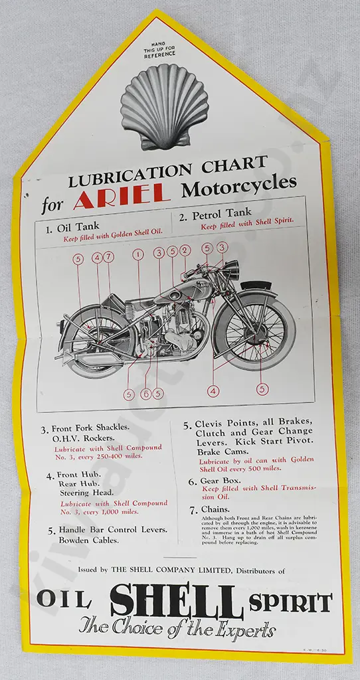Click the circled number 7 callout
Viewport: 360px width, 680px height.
(x=109, y=256)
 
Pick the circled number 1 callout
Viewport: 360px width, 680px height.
(x=138, y=254)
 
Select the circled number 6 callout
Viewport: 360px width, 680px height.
(x=145, y=394)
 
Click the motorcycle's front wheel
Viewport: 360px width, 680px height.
(x=254, y=331)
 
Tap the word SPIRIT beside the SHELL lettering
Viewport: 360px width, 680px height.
(x=291, y=603)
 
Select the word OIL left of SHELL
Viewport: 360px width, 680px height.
(x=63, y=600)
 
